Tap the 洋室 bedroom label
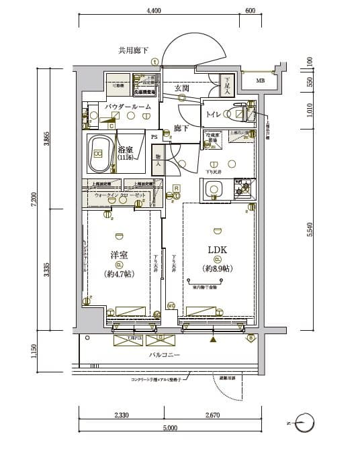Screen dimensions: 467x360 [x=119, y=256]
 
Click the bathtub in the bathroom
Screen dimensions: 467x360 [x=99, y=154]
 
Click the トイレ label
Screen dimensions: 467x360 [x=214, y=114]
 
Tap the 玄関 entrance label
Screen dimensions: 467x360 [x=181, y=88]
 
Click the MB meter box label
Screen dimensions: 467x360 [x=260, y=81]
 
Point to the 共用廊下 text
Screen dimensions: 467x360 [x=133, y=50]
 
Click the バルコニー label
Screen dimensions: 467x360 [x=164, y=354]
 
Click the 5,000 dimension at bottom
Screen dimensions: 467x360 [x=169, y=427]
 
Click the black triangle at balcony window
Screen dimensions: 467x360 [x=214, y=340]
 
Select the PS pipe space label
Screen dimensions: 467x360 [x=154, y=138]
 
